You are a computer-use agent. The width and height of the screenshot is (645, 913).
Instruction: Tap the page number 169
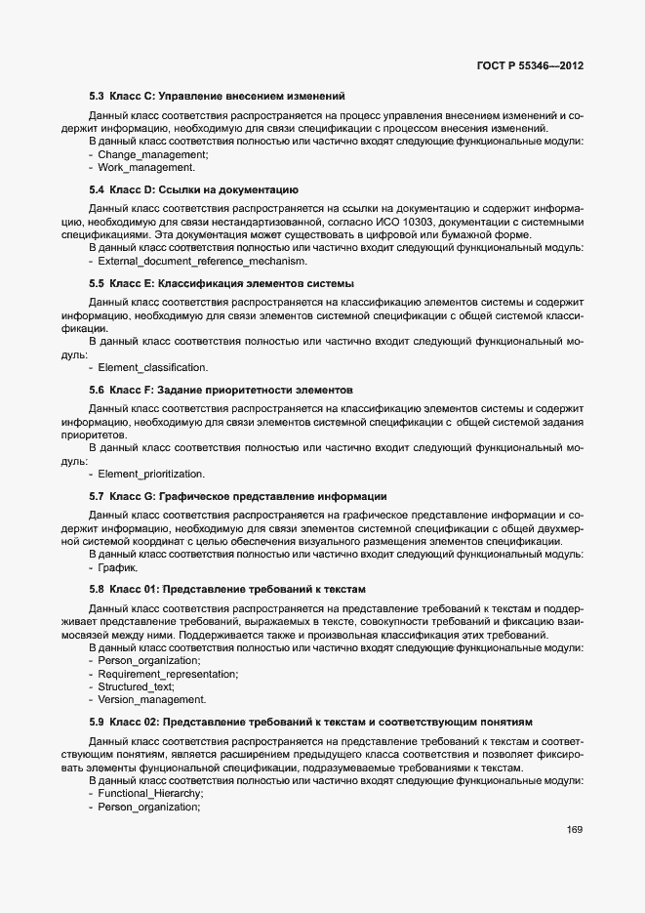tap(574, 831)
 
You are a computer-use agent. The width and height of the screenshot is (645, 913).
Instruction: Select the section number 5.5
tap(96, 282)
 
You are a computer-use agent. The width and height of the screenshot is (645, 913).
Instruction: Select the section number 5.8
tap(96, 589)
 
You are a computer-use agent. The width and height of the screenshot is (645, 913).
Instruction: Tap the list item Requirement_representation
tap(168, 675)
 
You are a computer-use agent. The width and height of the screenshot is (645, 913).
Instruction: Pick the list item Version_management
tap(151, 700)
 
